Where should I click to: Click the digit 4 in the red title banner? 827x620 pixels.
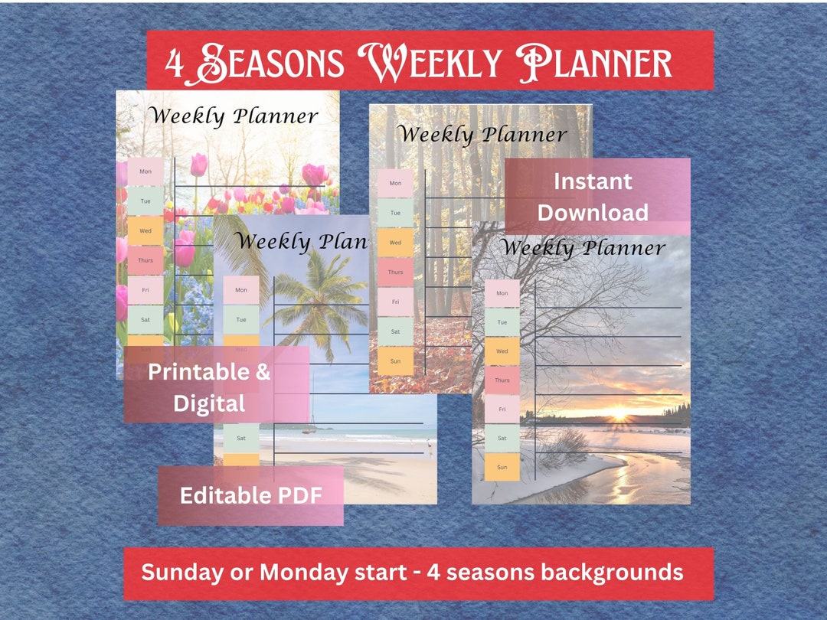[175, 65]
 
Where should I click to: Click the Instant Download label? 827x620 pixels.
[593, 197]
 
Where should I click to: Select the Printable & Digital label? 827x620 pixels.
[209, 387]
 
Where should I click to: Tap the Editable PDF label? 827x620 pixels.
[250, 495]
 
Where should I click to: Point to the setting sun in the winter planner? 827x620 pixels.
[616, 418]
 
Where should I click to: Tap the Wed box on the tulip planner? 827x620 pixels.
[145, 230]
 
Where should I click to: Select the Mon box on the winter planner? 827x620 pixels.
[502, 293]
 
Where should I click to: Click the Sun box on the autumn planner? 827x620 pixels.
[395, 361]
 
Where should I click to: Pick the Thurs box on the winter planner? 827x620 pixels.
[502, 380]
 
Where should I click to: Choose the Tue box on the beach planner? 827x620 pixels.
[241, 319]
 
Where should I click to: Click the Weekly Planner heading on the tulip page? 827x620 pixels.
[233, 116]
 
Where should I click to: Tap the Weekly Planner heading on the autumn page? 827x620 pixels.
[482, 135]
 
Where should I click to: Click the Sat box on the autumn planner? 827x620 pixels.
[395, 331]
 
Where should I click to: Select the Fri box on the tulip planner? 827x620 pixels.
[145, 289]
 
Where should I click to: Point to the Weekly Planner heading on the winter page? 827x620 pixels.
[583, 248]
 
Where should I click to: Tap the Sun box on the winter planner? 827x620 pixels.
[502, 467]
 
